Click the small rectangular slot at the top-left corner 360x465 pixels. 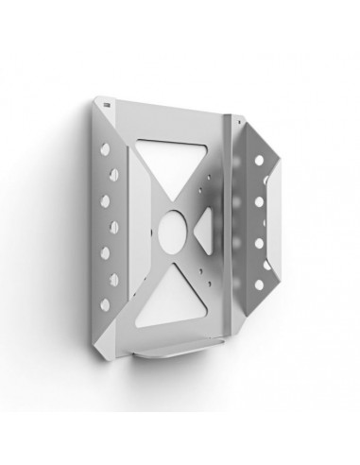(x=107, y=101)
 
